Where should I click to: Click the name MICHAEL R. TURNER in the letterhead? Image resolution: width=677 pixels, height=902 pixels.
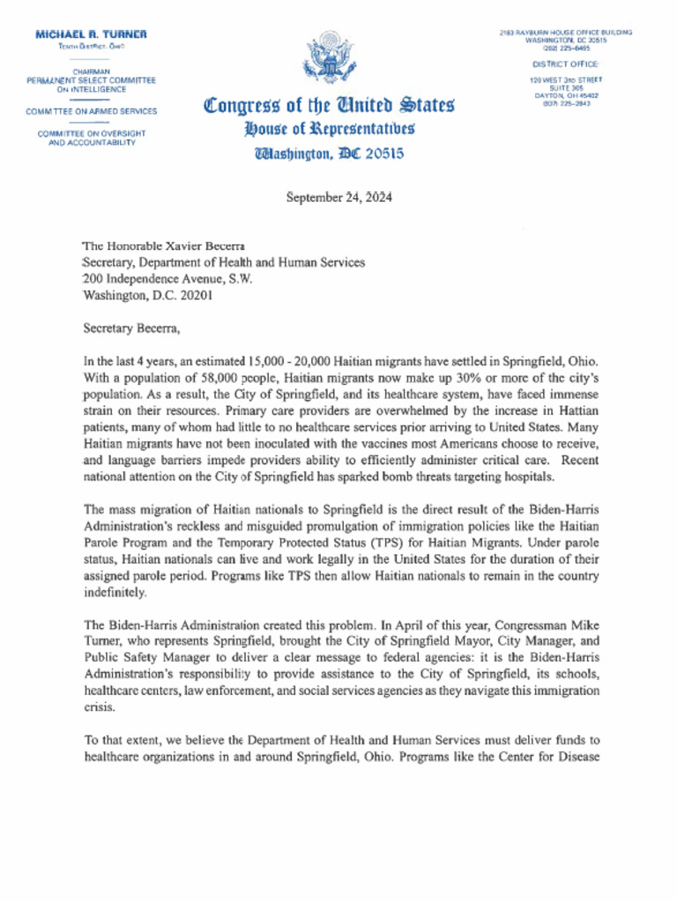[x=91, y=33]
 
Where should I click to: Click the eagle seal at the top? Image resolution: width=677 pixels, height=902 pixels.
[x=328, y=62]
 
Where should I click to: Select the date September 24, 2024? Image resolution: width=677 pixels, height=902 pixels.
[x=339, y=197]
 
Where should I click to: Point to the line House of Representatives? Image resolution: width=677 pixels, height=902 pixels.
[x=329, y=130]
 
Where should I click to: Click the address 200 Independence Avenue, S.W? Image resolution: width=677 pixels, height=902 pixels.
[x=167, y=279]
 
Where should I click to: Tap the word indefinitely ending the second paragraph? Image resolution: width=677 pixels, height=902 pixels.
[x=116, y=592]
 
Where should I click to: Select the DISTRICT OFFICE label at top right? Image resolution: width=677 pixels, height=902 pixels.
[x=565, y=64]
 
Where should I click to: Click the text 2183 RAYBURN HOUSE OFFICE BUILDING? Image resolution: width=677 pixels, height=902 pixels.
[x=565, y=33]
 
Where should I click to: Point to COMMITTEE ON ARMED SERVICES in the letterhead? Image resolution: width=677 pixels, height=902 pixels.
[x=92, y=112]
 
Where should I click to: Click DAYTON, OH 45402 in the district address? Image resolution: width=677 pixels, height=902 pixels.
[x=565, y=95]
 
